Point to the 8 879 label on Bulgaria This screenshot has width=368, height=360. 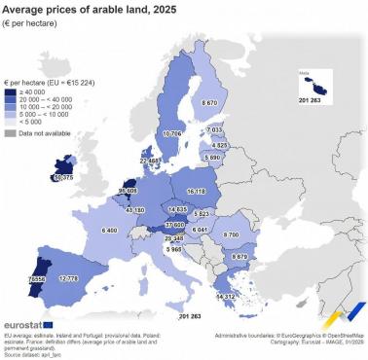(234, 258)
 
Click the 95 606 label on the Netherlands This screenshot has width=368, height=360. (127, 192)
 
